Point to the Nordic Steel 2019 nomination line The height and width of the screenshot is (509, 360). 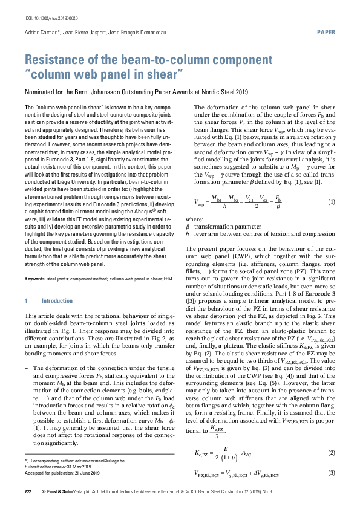tap(136, 92)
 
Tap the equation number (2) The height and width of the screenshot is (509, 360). tap(331, 453)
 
